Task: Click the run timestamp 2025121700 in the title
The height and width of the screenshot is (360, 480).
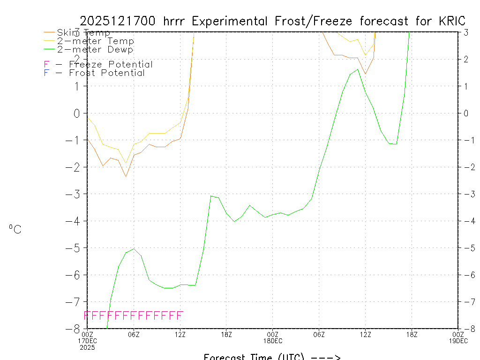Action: point(119,22)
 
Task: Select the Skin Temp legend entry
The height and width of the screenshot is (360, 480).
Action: point(83,33)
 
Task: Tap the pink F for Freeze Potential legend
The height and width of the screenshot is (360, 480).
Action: point(46,65)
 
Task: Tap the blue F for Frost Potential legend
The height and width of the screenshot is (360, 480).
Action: point(46,73)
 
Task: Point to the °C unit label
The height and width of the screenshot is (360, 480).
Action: point(15,229)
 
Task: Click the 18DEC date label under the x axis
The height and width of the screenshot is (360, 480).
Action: point(272,341)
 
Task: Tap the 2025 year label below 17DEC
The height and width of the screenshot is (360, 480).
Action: point(87,347)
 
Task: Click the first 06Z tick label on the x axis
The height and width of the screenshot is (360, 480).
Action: point(134,334)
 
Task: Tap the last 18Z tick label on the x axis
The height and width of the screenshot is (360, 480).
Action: point(412,334)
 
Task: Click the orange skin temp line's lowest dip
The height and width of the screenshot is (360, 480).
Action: point(126,176)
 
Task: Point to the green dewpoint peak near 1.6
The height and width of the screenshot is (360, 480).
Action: point(358,69)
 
